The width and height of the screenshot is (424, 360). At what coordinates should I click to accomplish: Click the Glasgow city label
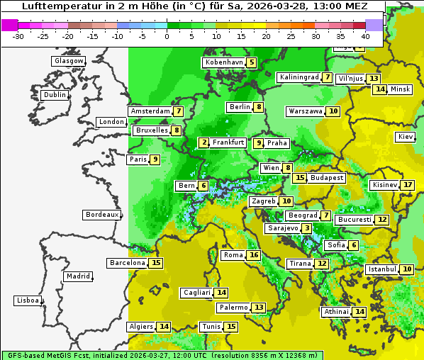point(68,61)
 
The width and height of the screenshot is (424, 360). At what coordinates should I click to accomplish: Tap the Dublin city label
point(54,95)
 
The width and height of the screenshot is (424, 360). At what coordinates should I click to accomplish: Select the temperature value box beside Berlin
point(260,107)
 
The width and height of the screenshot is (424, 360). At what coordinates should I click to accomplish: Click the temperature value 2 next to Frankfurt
point(204,142)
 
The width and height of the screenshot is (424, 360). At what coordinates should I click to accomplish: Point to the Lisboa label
point(27,300)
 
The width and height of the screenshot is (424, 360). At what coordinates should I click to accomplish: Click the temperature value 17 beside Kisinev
point(408,185)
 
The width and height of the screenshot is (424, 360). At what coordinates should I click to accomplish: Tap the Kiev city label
point(406,137)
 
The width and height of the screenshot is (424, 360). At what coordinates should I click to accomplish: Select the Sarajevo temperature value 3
point(306,228)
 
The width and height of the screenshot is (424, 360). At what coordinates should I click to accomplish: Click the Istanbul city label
point(381,269)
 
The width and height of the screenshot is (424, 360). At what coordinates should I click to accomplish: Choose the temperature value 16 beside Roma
point(254,255)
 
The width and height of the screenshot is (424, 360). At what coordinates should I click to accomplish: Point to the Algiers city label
point(140,327)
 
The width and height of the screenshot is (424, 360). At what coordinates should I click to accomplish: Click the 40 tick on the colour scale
point(365,36)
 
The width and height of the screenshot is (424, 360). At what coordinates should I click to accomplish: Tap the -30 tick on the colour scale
point(19,36)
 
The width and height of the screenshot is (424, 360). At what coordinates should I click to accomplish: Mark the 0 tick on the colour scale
point(167,36)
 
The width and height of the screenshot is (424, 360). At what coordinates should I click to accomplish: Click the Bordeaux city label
point(101,215)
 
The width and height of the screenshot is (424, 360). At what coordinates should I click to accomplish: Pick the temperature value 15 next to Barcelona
point(157,263)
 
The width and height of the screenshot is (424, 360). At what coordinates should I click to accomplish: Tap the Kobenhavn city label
point(223,62)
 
